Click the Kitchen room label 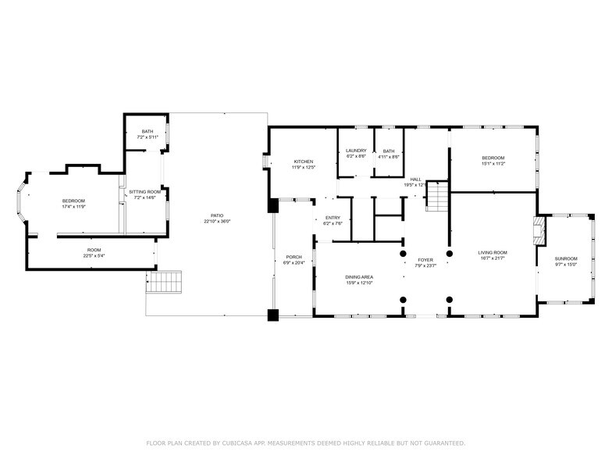(303, 162)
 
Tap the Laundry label (356, 151)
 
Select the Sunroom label (566, 258)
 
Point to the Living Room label (493, 252)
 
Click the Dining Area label (359, 277)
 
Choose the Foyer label (425, 259)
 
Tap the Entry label (333, 218)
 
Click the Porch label (294, 257)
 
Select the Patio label (217, 215)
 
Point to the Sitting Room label (145, 191)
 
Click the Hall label (415, 179)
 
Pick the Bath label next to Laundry (389, 151)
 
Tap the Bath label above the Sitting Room (147, 131)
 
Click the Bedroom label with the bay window (73, 201)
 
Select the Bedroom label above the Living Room (493, 158)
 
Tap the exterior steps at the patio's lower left (164, 282)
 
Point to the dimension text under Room (94, 255)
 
